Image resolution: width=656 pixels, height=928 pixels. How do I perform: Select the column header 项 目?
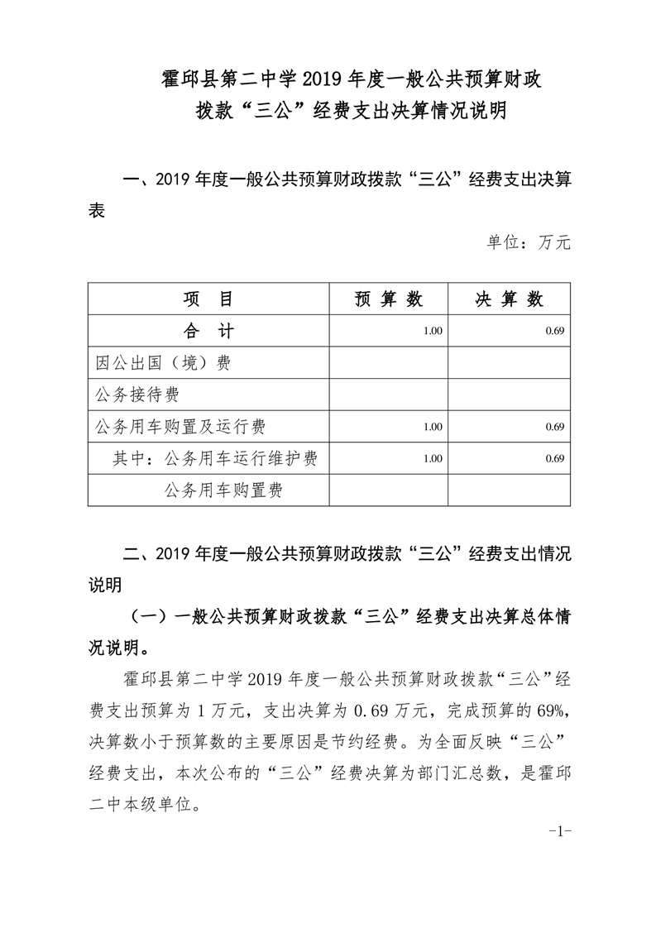click(208, 300)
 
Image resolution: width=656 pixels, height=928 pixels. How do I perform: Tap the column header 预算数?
click(388, 300)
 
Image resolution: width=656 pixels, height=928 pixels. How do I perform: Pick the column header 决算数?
click(509, 300)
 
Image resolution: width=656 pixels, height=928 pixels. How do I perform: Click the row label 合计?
click(208, 332)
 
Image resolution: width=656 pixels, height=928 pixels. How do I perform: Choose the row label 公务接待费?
click(138, 395)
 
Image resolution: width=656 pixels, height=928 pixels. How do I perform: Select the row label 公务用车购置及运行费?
click(180, 427)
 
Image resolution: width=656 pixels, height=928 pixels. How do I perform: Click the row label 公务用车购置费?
click(224, 490)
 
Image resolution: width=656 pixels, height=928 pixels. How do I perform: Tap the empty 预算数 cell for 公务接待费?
click(388, 395)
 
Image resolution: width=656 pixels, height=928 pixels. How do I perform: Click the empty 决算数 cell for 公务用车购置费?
click(509, 490)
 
